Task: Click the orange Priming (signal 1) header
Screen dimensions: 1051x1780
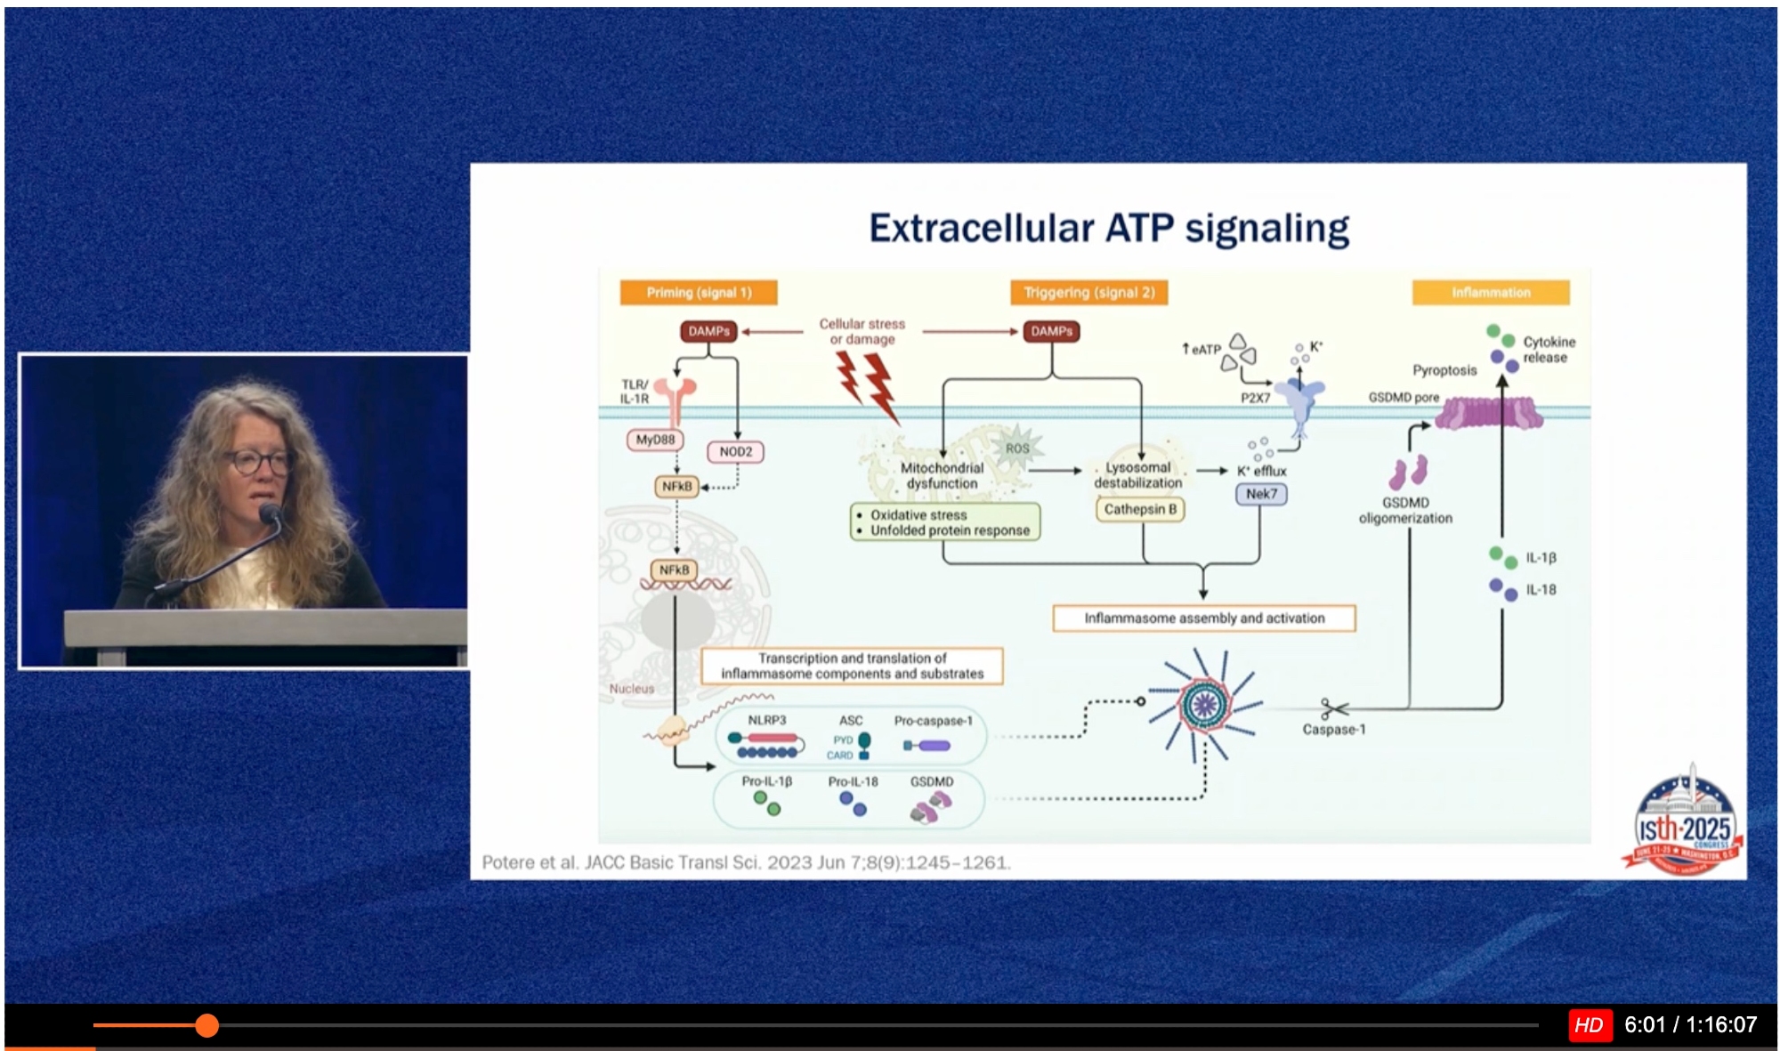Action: point(699,293)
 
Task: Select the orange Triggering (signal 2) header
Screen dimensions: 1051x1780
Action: point(1088,293)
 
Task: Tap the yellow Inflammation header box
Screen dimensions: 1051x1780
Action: point(1491,293)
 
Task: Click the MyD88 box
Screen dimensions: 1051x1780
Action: point(655,440)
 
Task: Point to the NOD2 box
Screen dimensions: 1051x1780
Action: point(735,452)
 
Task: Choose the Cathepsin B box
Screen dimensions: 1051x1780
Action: point(1140,509)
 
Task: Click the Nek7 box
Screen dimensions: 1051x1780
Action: point(1261,494)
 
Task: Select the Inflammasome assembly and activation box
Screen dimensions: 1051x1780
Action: point(1203,618)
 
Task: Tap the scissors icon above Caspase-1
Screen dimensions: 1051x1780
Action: point(1333,709)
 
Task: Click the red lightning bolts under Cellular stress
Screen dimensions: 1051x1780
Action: point(867,384)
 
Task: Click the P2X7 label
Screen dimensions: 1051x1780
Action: point(1255,398)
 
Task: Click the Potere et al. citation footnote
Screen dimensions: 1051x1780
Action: point(746,862)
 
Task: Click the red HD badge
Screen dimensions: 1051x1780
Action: point(1589,1025)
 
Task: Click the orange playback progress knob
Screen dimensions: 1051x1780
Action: point(206,1025)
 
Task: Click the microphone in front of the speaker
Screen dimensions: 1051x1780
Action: point(269,513)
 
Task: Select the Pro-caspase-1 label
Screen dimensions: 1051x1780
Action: point(933,721)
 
